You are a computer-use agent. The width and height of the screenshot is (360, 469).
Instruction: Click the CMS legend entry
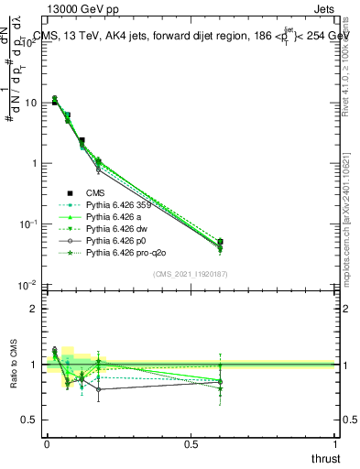point(96,192)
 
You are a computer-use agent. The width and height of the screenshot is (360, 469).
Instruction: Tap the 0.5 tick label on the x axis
point(191,444)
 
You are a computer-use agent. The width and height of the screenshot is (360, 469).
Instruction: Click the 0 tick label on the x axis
point(46,444)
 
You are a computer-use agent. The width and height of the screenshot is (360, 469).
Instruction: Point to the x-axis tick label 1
point(335,444)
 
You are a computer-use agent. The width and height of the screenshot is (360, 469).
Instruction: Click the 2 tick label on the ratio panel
point(35,309)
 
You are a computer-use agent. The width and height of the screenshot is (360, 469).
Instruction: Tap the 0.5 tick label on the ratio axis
point(30,420)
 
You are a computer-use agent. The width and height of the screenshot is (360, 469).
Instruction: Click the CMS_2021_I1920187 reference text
point(190,275)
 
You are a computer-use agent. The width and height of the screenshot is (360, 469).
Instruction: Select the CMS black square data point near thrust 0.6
point(220,242)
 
